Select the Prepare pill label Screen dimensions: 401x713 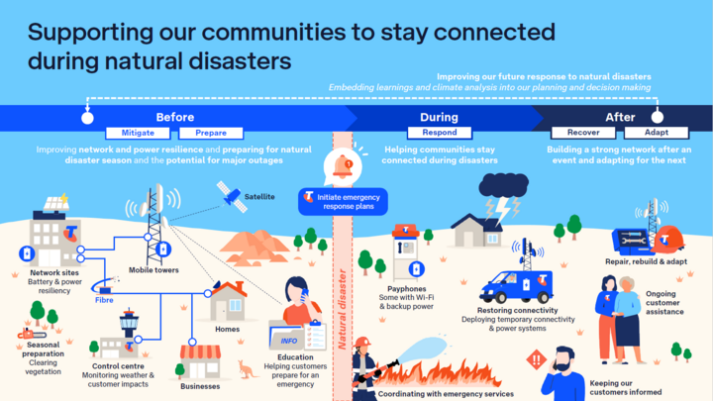[x=210, y=132]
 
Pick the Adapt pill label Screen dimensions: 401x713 [x=642, y=132]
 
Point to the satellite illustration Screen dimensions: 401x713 [x=230, y=196]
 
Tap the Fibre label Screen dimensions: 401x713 [x=104, y=299]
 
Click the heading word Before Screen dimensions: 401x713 [x=174, y=117]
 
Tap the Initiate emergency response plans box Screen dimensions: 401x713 [x=342, y=199]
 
